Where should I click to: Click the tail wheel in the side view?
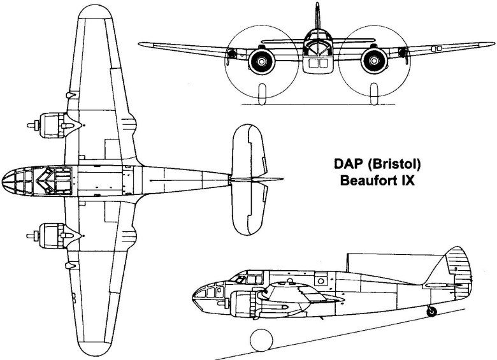[x=432, y=312]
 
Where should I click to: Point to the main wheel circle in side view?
[x=261, y=340]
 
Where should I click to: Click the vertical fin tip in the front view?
[x=317, y=4]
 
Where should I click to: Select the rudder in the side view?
[x=458, y=273]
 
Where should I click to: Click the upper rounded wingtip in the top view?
[x=95, y=12]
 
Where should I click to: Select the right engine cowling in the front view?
[x=374, y=61]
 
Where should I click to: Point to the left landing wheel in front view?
[x=262, y=94]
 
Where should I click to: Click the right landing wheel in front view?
[x=374, y=94]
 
